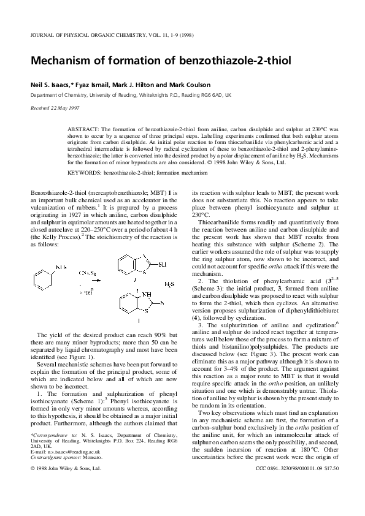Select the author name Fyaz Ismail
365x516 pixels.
point(92,85)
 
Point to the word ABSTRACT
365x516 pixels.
point(83,130)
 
